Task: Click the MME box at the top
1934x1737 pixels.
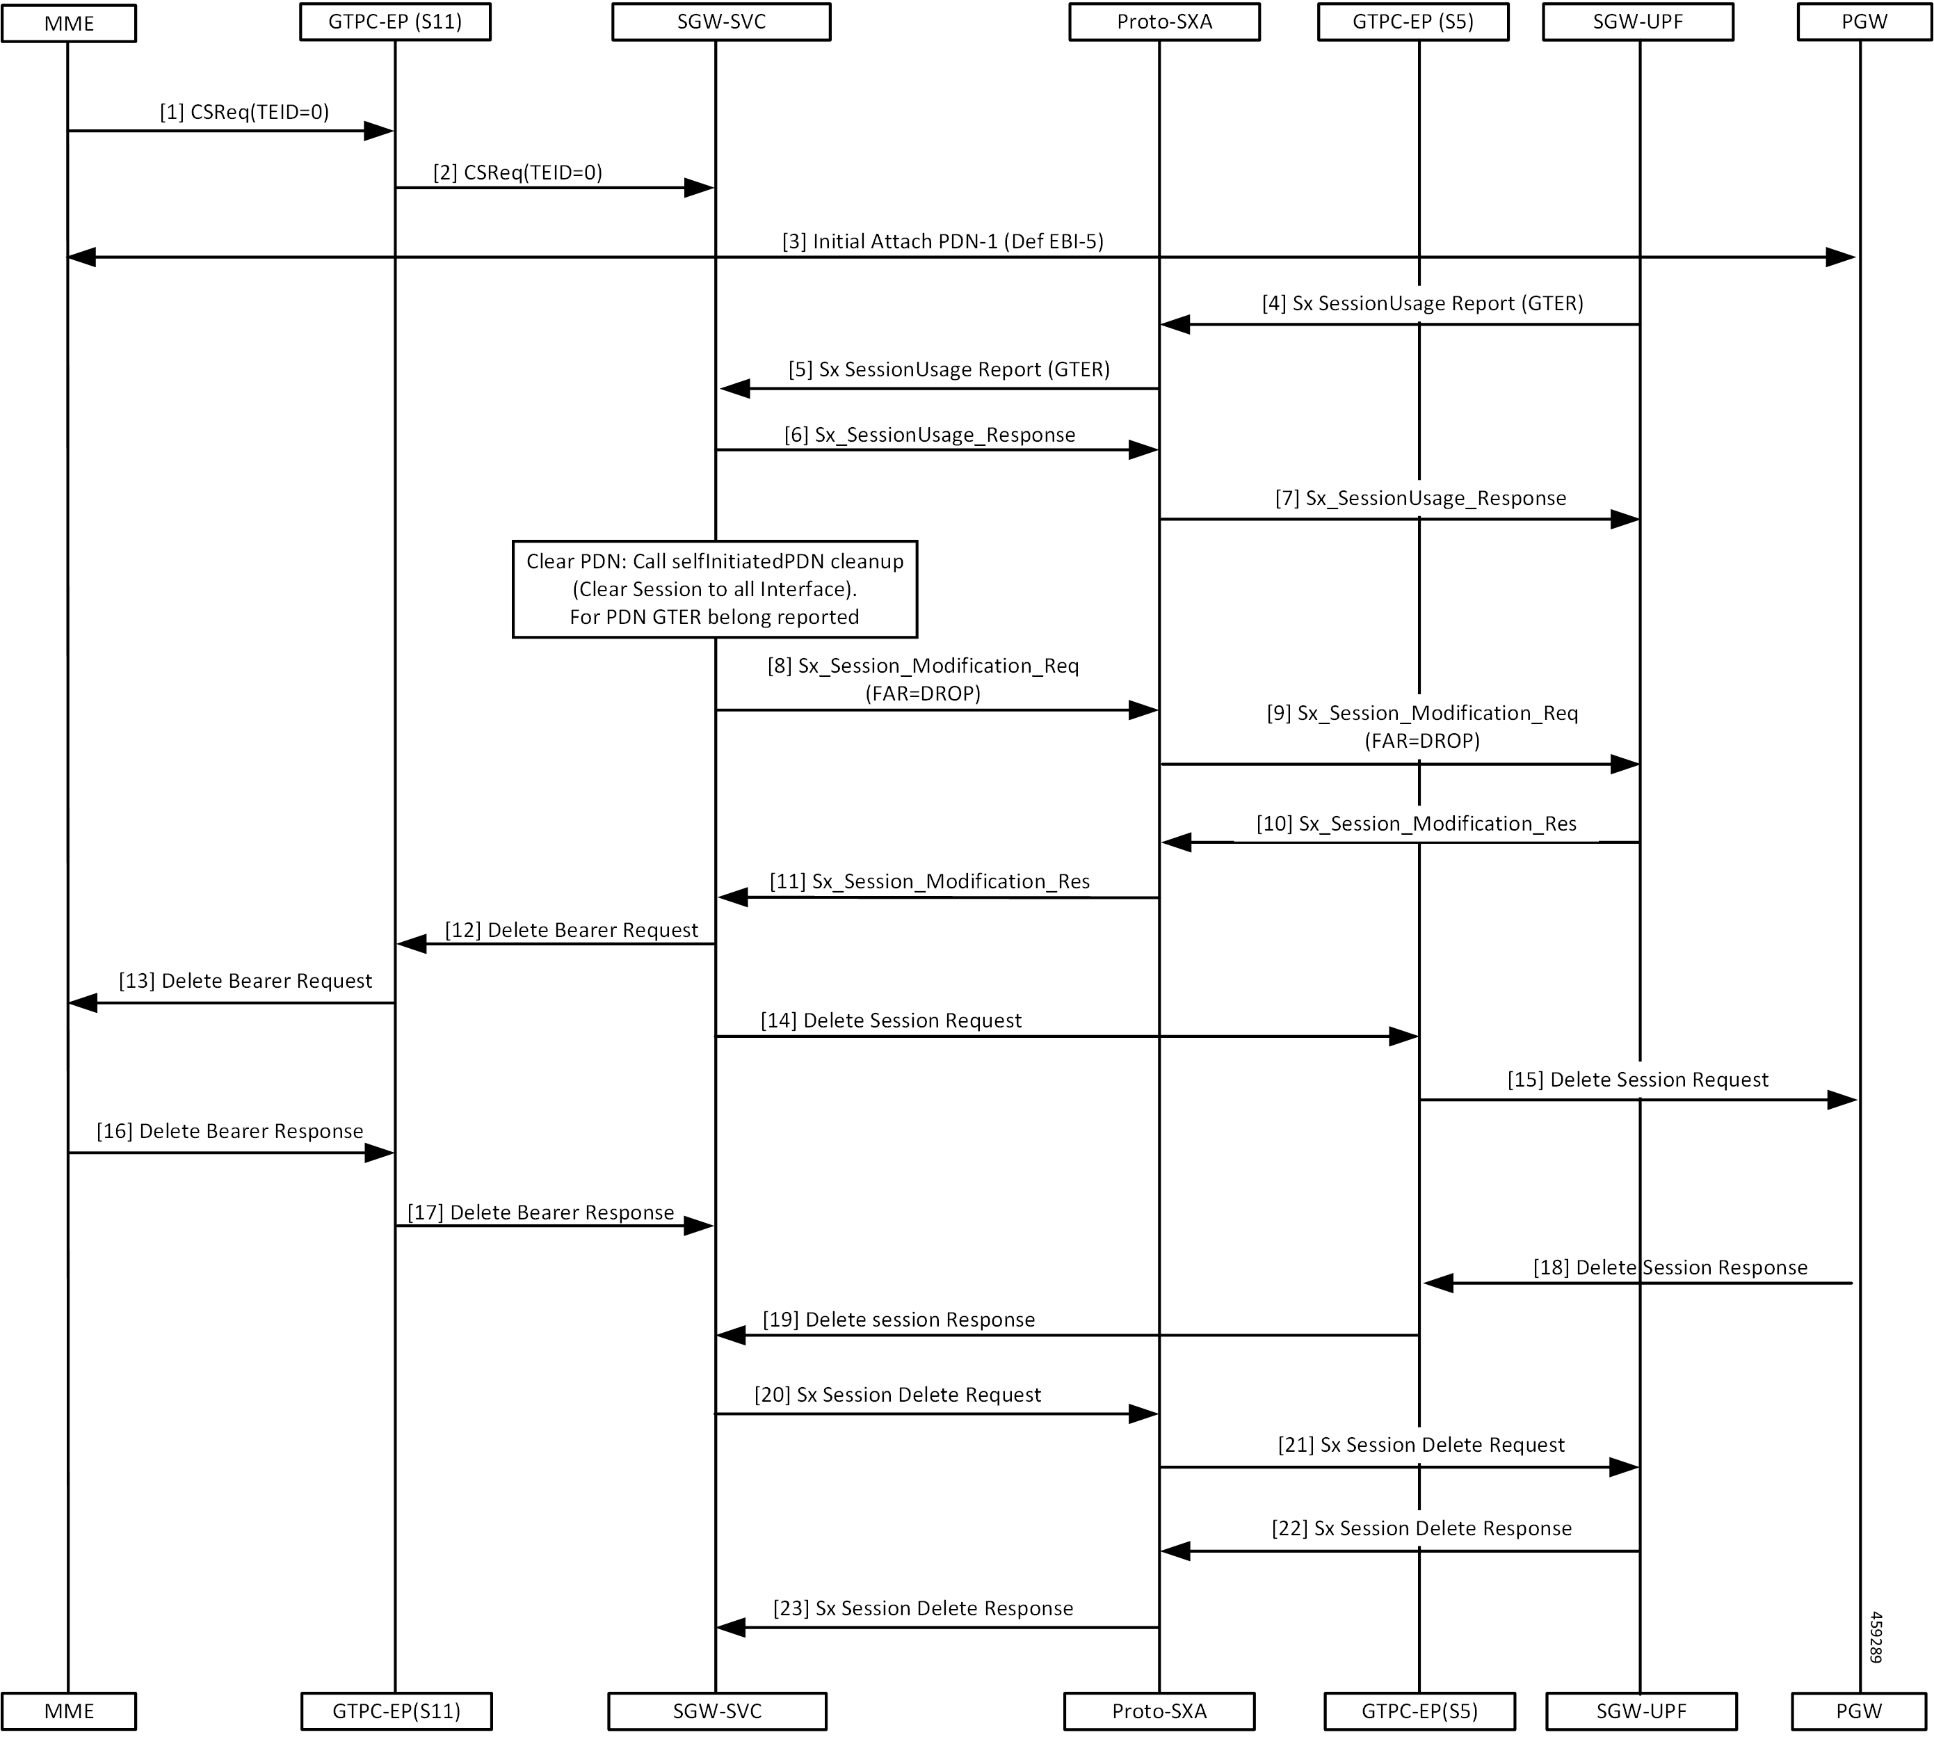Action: click(69, 23)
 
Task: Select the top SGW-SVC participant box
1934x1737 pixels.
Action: click(720, 22)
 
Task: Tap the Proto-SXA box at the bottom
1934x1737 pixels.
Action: click(1159, 1711)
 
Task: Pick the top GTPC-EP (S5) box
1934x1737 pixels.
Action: click(1413, 22)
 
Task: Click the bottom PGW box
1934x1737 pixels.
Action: click(1860, 1711)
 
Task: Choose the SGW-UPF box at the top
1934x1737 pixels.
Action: click(1638, 22)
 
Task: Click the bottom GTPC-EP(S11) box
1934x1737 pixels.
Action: click(396, 1711)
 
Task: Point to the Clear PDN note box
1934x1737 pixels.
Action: click(715, 589)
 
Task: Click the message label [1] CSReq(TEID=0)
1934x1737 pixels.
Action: click(244, 113)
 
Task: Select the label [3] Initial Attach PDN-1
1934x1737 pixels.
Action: click(943, 241)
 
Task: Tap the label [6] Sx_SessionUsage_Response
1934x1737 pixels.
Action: click(929, 435)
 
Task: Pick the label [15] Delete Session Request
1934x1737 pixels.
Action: click(1637, 1080)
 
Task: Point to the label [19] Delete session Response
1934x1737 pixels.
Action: click(898, 1319)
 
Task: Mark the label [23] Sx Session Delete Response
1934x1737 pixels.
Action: click(923, 1608)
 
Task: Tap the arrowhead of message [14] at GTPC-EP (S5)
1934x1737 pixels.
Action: click(1403, 1036)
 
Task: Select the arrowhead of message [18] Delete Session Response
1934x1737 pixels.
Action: click(1438, 1283)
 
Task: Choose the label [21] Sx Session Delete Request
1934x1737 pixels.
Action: click(1421, 1445)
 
